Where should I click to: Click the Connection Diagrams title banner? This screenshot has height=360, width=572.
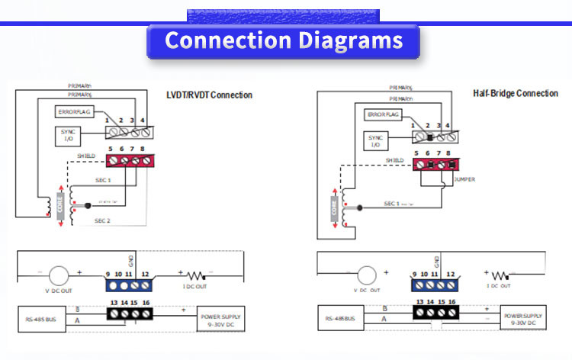283,41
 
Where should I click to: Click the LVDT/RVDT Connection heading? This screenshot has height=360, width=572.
209,95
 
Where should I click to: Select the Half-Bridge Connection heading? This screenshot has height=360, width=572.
516,93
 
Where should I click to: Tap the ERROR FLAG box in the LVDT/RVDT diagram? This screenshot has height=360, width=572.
75,111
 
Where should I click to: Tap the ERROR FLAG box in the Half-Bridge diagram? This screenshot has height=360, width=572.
384,114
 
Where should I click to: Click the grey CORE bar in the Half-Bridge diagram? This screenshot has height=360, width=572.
334,207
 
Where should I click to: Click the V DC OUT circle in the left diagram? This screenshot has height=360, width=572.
59,276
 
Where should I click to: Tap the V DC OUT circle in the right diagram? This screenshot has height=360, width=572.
366,276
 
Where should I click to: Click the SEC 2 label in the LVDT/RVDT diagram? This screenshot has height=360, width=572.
103,220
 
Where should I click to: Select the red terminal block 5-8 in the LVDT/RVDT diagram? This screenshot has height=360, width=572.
127,161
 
